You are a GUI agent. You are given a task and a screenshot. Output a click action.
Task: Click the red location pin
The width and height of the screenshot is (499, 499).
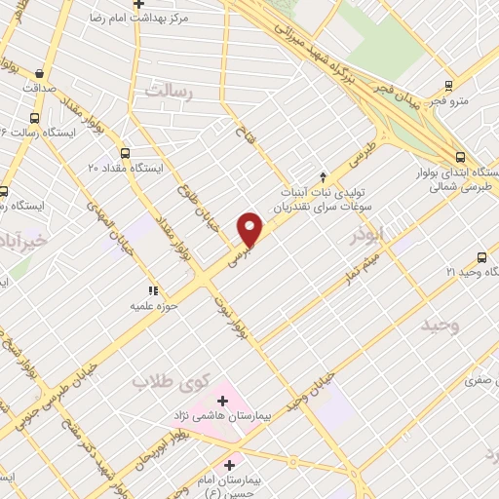coord(250,229)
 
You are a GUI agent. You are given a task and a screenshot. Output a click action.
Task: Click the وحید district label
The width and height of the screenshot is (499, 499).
coord(441,324)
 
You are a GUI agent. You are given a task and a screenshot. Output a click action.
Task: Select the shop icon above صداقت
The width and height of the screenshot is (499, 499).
coord(38,73)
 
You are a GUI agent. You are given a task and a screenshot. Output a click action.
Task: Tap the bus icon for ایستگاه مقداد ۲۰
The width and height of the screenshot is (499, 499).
coord(125,153)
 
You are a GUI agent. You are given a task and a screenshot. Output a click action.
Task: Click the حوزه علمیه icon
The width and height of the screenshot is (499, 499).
coord(151,289)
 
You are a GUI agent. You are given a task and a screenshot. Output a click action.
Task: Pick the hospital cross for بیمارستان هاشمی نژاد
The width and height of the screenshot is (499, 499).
coord(222,400)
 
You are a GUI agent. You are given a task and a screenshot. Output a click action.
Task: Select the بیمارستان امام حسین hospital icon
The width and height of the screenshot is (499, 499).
coord(231,464)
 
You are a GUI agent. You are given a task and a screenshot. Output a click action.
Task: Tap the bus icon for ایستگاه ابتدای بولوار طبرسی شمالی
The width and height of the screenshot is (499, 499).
coord(460,156)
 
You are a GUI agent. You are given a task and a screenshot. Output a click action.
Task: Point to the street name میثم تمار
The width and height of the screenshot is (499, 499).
coord(354,269)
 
